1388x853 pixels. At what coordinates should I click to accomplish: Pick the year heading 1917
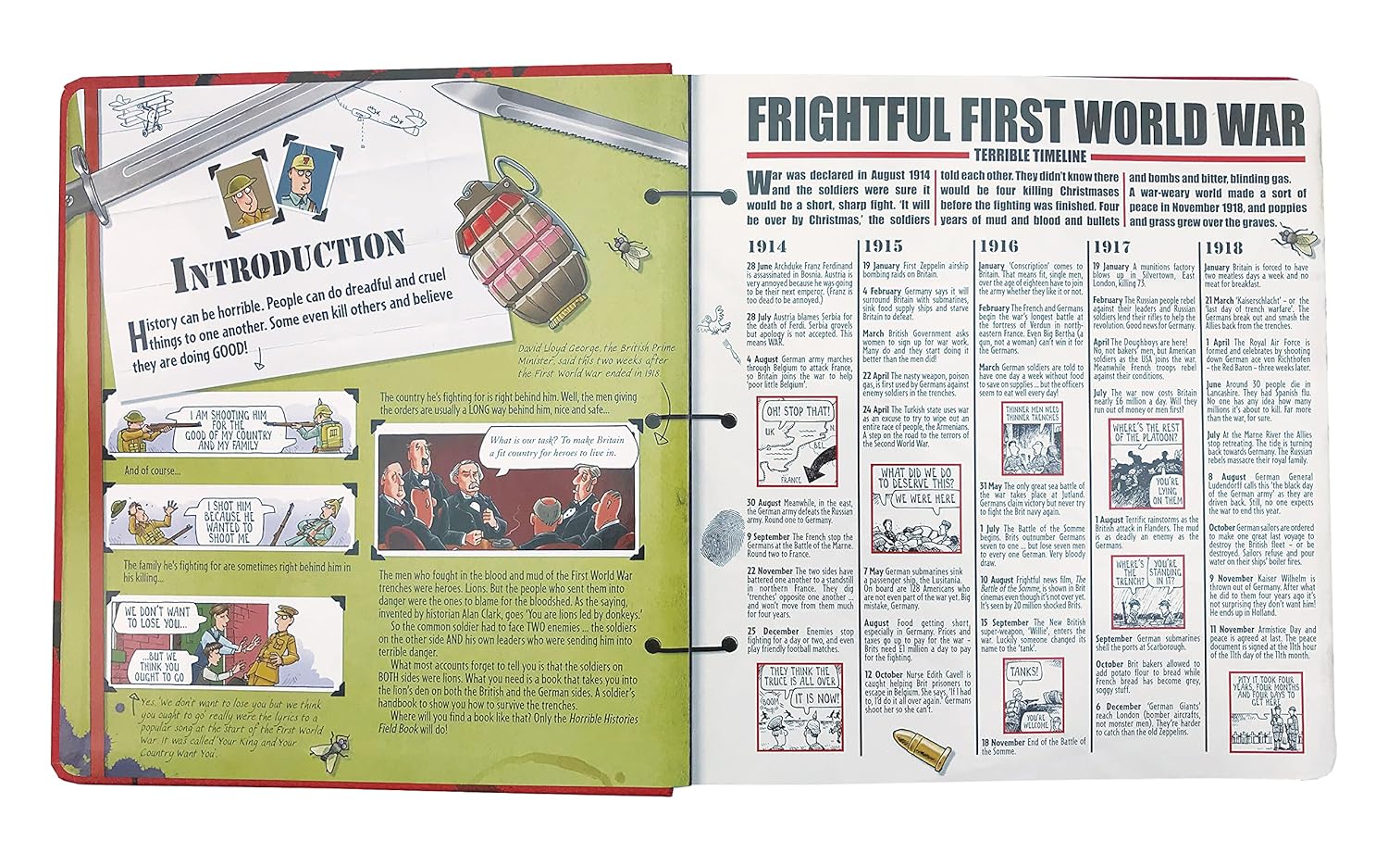1111,246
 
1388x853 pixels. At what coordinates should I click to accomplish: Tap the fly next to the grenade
621,245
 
